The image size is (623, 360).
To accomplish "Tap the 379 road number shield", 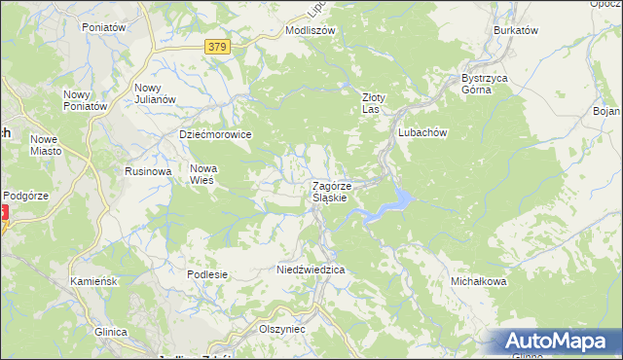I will pyautogui.click(x=218, y=46).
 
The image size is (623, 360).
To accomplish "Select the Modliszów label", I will pyautogui.click(x=310, y=30).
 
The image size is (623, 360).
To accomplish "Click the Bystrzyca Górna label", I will pyautogui.click(x=485, y=83).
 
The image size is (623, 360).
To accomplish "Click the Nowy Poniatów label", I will pyautogui.click(x=77, y=99).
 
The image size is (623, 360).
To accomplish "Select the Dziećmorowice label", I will pyautogui.click(x=215, y=134).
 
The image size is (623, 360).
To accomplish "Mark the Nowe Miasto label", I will pyautogui.click(x=46, y=145).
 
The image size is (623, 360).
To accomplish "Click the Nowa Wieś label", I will pyautogui.click(x=202, y=173).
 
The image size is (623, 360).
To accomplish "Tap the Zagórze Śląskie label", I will pyautogui.click(x=339, y=191).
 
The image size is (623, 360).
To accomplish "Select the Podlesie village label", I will pyautogui.click(x=207, y=274).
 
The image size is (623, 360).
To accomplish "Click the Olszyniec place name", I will pyautogui.click(x=282, y=329).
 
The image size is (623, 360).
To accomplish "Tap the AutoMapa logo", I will pyautogui.click(x=559, y=342).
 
